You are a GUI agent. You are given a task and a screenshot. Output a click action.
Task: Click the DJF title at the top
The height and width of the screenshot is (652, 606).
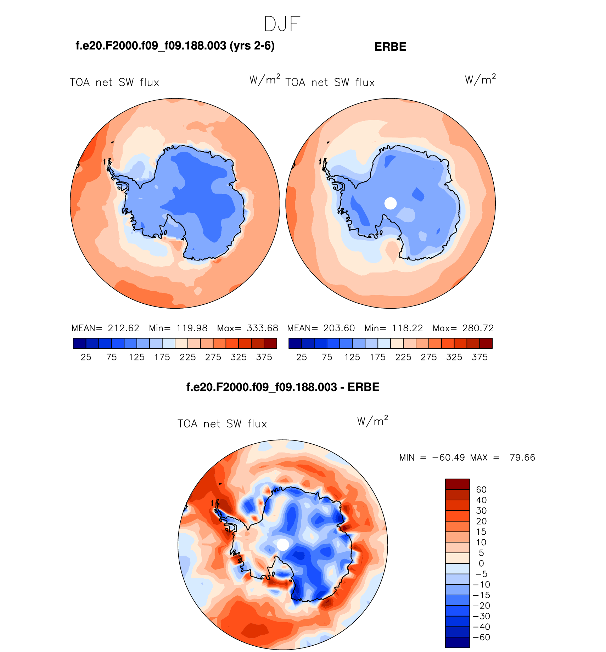point(282,24)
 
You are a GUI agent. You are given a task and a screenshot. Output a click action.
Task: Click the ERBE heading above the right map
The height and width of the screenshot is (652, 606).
point(390,47)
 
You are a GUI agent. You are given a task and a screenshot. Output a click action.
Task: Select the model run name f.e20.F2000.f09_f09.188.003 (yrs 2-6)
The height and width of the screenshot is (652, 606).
point(175,46)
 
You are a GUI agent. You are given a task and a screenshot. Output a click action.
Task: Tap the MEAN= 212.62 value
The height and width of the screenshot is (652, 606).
point(105,328)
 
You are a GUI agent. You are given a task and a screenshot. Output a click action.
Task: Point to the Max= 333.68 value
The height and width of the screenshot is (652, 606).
point(248,328)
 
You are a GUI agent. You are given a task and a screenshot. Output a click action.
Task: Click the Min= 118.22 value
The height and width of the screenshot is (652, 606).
point(394,328)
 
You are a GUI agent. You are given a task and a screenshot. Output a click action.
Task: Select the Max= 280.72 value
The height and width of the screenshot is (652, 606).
point(463,328)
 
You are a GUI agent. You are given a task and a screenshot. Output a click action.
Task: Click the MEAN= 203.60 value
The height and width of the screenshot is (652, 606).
point(321,328)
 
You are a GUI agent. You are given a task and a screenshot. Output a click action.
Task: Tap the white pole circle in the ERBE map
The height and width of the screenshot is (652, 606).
point(391,203)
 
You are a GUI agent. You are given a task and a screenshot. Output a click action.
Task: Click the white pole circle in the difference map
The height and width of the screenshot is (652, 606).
point(283,545)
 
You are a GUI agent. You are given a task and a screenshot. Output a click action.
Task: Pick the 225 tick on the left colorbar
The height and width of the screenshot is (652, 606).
point(187,357)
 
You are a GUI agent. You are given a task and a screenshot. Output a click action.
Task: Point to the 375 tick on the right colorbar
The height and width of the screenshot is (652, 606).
point(479,357)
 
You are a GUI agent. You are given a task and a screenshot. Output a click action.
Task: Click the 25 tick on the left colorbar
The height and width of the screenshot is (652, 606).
point(86,357)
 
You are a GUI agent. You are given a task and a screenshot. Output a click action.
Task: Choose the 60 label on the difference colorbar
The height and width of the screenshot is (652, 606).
point(481,490)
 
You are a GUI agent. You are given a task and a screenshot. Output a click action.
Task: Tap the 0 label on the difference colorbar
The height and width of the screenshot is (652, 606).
point(481,564)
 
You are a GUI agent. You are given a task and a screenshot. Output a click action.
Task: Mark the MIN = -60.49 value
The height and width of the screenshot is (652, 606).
point(432,458)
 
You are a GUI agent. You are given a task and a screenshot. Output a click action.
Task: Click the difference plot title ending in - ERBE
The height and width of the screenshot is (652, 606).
point(283,387)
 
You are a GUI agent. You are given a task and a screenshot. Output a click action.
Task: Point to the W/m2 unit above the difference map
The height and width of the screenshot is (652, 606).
point(372,421)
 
